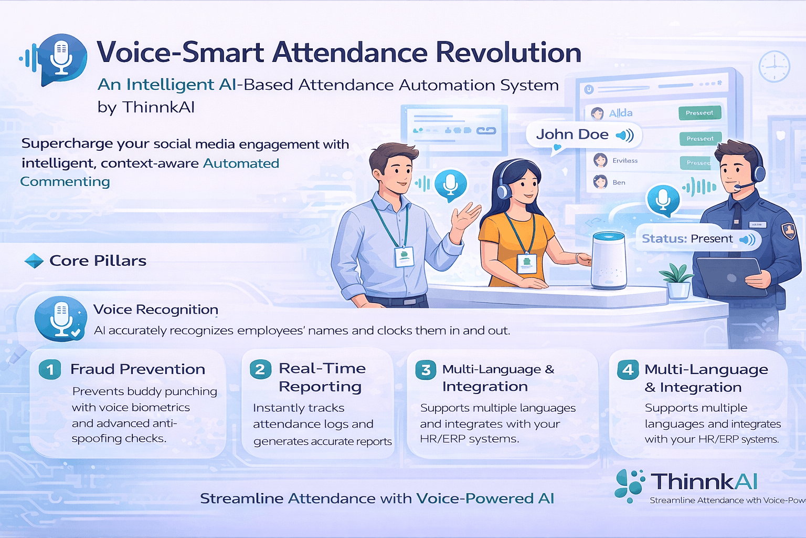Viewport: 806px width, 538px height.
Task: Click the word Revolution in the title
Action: pos(508,53)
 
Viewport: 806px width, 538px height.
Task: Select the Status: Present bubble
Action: pos(697,239)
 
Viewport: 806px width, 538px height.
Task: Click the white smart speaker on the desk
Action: pos(609,261)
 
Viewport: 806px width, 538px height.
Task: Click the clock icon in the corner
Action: pos(774,67)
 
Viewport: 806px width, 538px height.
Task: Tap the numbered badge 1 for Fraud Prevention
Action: pos(50,369)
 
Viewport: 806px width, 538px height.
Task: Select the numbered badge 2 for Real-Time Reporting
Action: pos(260,369)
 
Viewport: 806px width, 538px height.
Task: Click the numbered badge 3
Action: pos(426,370)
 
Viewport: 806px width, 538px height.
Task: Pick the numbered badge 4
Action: pos(628,370)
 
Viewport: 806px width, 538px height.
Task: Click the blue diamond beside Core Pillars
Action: pos(34,261)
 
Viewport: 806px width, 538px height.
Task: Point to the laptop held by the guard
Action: pos(729,276)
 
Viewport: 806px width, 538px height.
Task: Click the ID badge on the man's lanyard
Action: pos(404,256)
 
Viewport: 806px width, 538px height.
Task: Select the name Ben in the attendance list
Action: pos(619,183)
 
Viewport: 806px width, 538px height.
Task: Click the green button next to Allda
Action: pos(699,113)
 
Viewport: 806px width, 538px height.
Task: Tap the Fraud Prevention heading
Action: pos(137,369)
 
